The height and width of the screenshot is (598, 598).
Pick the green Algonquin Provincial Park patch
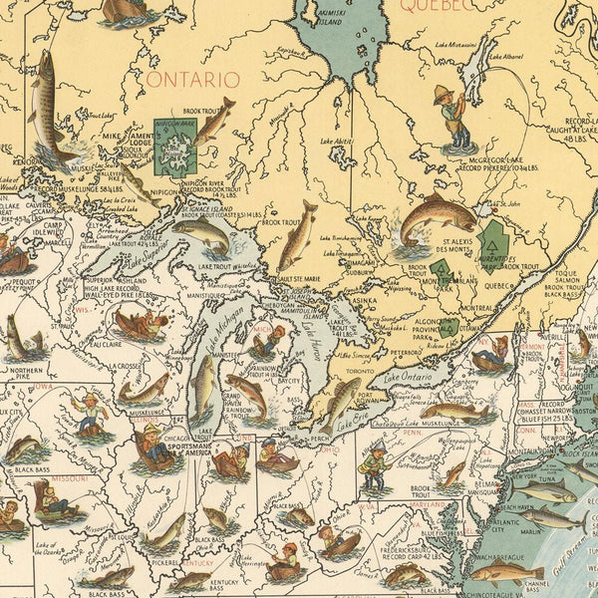450,326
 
